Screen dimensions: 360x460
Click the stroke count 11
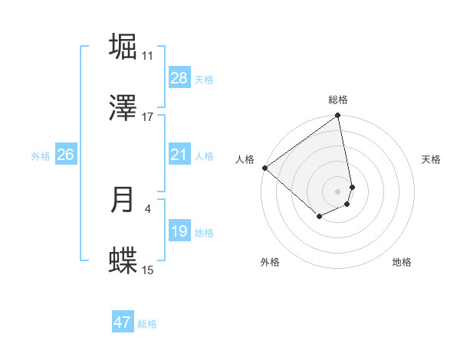click(x=147, y=55)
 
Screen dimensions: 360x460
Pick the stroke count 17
click(x=147, y=116)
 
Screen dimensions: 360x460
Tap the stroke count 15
click(x=147, y=270)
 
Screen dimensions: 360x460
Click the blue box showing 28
click(x=179, y=78)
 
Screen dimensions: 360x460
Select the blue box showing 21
click(x=179, y=155)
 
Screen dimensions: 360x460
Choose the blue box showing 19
click(x=179, y=231)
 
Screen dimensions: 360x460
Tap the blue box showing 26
click(x=65, y=155)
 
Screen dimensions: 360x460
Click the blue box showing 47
click(x=123, y=322)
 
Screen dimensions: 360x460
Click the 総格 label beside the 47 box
click(x=147, y=324)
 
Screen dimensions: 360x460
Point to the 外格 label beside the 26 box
click(x=41, y=156)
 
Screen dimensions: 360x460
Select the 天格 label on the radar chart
click(x=432, y=159)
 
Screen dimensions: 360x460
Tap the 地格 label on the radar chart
click(x=402, y=263)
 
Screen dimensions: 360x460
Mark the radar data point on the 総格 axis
click(x=338, y=116)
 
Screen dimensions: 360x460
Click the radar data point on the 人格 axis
click(x=264, y=168)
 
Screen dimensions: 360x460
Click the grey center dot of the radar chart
click(x=338, y=191)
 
